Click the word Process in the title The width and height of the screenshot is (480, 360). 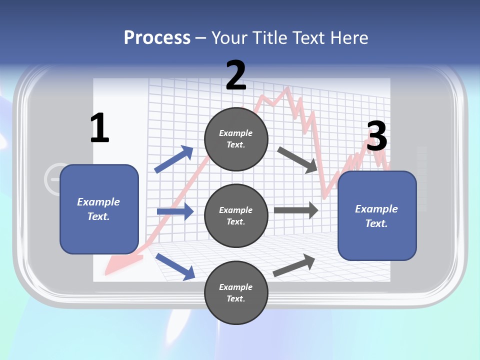[x=157, y=38]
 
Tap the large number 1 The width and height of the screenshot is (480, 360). [x=99, y=128]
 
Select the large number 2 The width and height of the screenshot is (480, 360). [x=236, y=75]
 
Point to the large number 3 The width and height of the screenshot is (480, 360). [x=376, y=136]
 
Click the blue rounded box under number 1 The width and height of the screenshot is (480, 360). [x=99, y=209]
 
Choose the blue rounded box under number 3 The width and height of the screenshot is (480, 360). [x=377, y=216]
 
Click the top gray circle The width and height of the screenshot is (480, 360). [x=236, y=139]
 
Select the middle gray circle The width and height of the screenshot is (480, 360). [x=236, y=215]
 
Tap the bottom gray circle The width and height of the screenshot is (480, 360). [x=236, y=292]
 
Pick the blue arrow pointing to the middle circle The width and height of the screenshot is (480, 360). [x=175, y=211]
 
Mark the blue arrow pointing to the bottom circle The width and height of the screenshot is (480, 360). [x=175, y=266]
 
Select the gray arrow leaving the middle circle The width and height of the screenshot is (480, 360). [x=296, y=210]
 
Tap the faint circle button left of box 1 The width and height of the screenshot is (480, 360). [x=54, y=178]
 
